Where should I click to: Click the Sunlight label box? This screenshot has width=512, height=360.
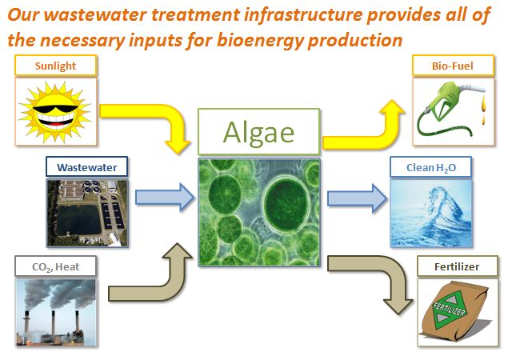coord(55,66)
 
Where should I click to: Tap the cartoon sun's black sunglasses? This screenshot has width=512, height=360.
coord(55,109)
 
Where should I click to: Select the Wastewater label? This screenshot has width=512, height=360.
coord(87,167)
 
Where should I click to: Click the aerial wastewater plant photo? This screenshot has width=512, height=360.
coord(87,213)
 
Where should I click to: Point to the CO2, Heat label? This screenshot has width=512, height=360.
coord(55,266)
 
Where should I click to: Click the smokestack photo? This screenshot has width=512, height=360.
coord(56,313)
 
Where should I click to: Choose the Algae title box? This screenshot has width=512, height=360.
coord(258,132)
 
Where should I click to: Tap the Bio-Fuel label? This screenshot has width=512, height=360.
coord(453,66)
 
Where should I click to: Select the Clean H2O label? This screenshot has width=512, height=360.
coord(431,167)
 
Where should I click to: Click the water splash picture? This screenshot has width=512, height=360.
coord(431,213)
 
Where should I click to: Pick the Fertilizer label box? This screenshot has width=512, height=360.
coord(458,266)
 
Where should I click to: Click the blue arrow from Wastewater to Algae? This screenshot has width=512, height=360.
coord(165,198)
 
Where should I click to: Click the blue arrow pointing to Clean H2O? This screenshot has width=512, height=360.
coord(358,198)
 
